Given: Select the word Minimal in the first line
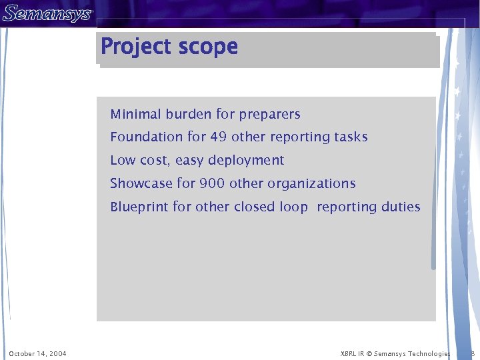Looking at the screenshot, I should tap(136, 115).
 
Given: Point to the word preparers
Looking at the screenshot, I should tap(270, 115).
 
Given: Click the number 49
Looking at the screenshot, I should tap(219, 137).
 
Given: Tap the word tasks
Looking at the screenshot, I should tap(351, 137).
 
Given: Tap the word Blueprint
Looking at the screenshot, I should tap(139, 207).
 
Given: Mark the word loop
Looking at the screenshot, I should tap(294, 207).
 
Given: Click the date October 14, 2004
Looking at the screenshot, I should tap(37, 353).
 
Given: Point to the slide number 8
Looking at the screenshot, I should tap(473, 353).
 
